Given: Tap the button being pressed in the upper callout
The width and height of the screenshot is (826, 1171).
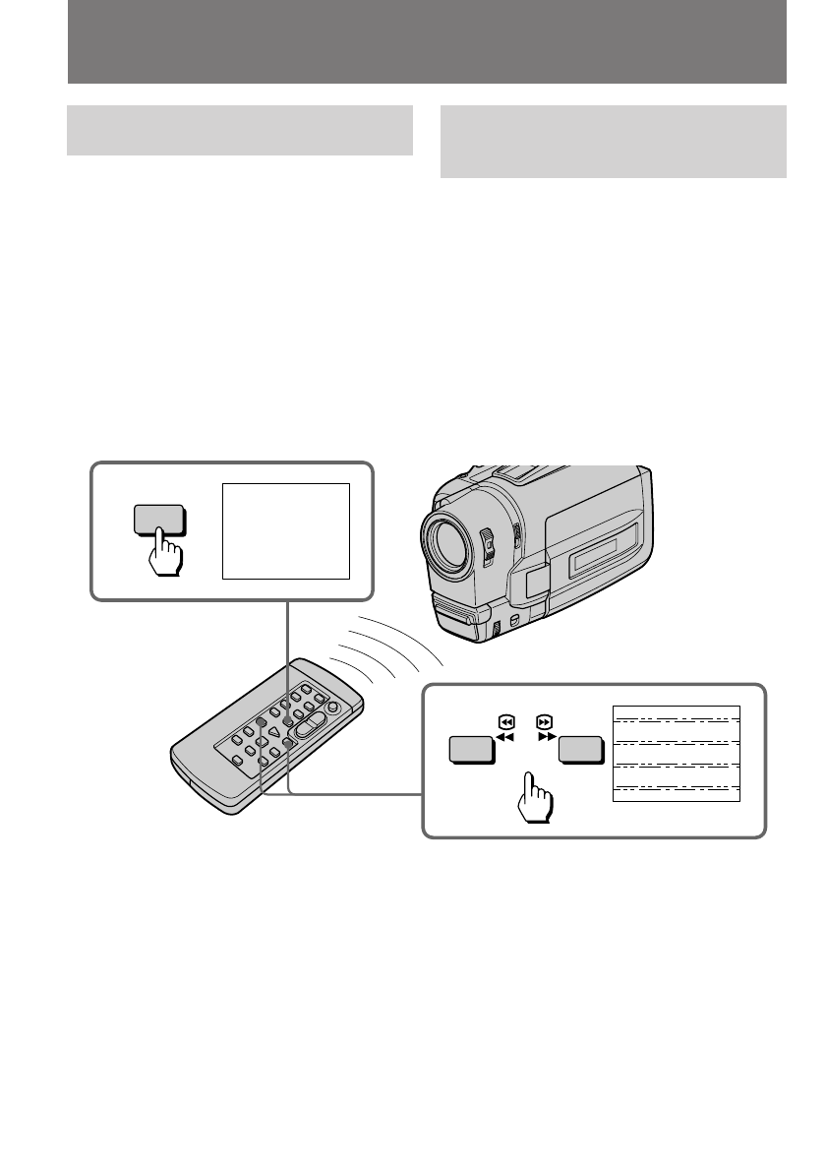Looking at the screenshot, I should tap(158, 521).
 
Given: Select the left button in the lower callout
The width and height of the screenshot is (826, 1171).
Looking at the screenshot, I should tap(471, 750).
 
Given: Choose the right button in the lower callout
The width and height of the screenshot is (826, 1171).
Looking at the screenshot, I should tap(579, 750).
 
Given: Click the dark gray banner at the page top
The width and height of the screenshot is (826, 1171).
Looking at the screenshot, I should tap(427, 41).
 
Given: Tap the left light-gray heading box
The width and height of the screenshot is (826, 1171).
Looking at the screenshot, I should tap(239, 130).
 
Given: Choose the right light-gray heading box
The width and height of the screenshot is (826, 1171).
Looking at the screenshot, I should tap(613, 142).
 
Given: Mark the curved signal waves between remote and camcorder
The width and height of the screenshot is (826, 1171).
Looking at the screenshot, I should tap(388, 649).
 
